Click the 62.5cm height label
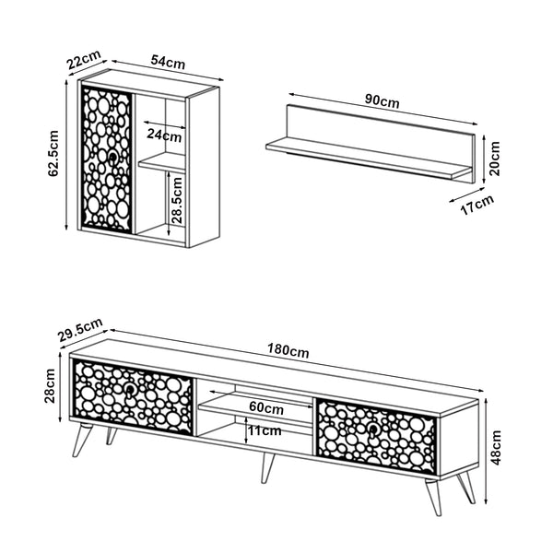pos(53,153)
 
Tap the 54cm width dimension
pos(168,62)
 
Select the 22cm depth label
pos(84,60)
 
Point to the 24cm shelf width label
pos(164,135)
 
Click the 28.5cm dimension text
pos(177,200)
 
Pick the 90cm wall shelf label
pos(382,100)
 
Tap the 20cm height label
pos(494,159)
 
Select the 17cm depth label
pos(477,205)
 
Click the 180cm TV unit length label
pos(288,350)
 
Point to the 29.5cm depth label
pos(81,330)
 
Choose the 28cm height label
pos(50,386)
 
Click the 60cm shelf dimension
pos(266,407)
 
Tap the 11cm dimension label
pos(265,430)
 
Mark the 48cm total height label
pos(496,448)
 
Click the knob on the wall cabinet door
pos(112,158)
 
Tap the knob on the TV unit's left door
pos(130,390)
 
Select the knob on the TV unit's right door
pos(372,429)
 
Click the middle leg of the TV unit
pos(267,467)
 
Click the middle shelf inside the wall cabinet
pos(162,163)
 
